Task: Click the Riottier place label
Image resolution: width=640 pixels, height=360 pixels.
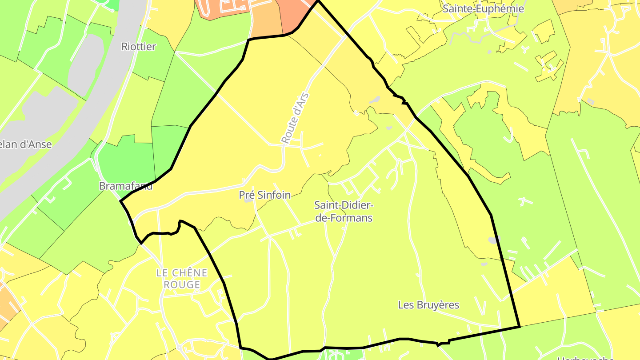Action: click(x=139, y=47)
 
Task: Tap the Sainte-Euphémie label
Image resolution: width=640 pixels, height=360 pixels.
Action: click(x=484, y=9)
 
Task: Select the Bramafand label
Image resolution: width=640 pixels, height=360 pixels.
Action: click(x=126, y=186)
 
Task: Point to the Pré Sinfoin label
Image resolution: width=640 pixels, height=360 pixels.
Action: click(x=265, y=195)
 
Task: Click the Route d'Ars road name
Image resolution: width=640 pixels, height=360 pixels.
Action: click(x=295, y=118)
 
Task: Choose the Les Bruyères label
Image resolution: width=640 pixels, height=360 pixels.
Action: click(x=428, y=305)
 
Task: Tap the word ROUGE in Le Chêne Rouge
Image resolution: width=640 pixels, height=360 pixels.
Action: click(x=182, y=284)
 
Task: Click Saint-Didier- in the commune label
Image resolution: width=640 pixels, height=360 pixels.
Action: click(x=344, y=205)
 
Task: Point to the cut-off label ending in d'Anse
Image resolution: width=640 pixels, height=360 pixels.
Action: click(x=26, y=144)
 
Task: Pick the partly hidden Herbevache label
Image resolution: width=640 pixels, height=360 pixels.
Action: click(x=586, y=357)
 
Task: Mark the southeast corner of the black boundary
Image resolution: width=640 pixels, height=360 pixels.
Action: click(x=520, y=327)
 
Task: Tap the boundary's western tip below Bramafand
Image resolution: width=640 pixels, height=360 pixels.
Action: click(x=121, y=201)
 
